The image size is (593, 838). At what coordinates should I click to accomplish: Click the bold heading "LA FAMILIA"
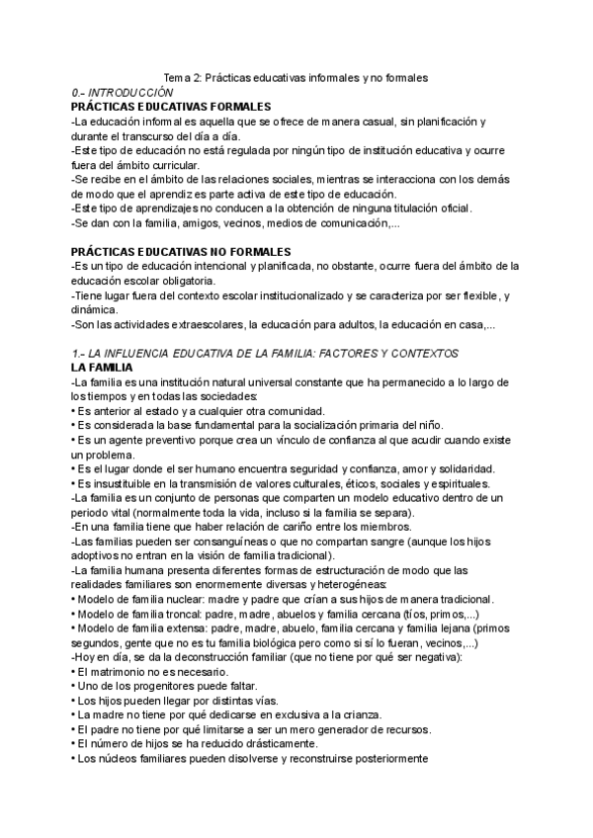pyautogui.click(x=106, y=368)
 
